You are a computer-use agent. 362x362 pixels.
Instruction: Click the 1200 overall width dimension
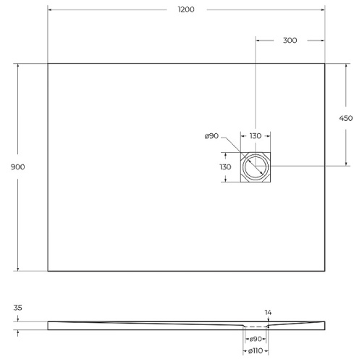(185, 9)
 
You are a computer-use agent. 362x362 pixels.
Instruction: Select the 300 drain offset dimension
(290, 41)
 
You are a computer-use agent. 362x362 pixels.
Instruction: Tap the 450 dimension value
(346, 118)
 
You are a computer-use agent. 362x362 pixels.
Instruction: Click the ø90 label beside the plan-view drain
(211, 136)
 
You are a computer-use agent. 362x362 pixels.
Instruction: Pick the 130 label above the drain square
(256, 136)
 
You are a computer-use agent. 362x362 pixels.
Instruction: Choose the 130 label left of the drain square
(225, 167)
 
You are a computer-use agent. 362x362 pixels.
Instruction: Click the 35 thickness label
(18, 308)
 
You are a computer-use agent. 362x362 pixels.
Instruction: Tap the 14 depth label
(268, 312)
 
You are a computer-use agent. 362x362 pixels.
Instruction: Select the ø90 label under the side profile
(256, 339)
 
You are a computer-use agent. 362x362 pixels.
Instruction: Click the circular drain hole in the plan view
(256, 167)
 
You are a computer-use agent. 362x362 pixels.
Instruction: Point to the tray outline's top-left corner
(48, 64)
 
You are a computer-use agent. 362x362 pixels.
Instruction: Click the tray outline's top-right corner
(324, 64)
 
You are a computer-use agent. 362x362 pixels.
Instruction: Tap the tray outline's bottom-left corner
(48, 271)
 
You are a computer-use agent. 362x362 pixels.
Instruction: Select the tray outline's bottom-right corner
(324, 271)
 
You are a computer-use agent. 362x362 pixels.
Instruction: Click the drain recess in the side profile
(256, 327)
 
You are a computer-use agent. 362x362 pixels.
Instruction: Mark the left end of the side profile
(49, 325)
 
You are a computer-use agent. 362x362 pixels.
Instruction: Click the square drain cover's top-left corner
(241, 153)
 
